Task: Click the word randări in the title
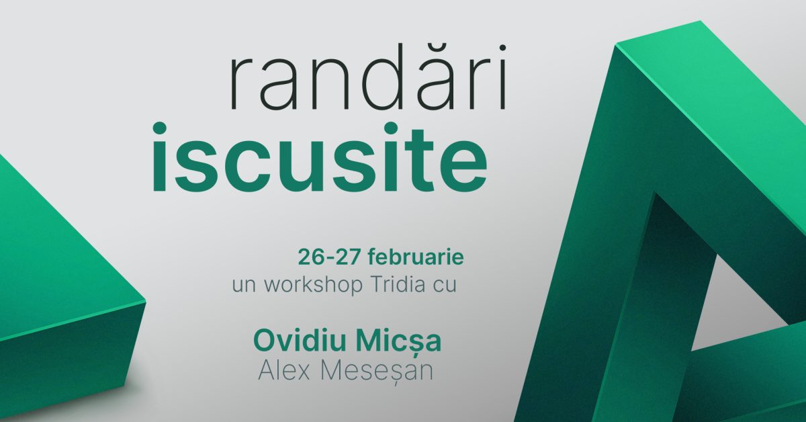click(x=368, y=77)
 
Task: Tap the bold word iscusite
click(x=320, y=157)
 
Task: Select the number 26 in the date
click(x=311, y=258)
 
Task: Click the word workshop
click(x=313, y=284)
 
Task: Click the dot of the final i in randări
click(x=502, y=48)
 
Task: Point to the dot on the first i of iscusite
click(x=159, y=128)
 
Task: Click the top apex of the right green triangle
click(x=700, y=22)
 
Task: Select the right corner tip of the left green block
click(x=145, y=302)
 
